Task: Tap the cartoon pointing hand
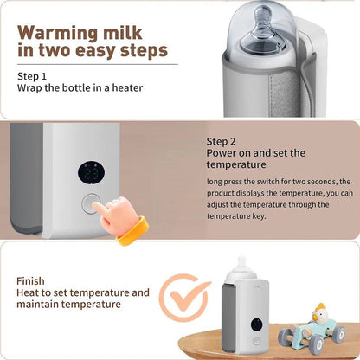point(121,215)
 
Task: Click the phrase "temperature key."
point(239,218)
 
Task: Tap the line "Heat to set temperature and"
point(83,292)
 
